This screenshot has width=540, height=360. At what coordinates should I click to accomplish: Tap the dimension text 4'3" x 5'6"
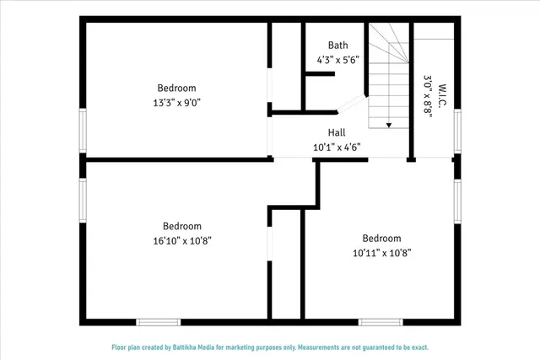pyautogui.click(x=337, y=60)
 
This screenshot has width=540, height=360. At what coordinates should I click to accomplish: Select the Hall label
pyautogui.click(x=337, y=132)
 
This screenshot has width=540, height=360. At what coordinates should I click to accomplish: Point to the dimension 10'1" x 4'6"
pyautogui.click(x=337, y=147)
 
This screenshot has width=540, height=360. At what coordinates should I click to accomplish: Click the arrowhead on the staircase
pyautogui.click(x=389, y=125)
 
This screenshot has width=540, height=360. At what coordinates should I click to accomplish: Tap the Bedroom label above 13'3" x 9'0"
pyautogui.click(x=176, y=88)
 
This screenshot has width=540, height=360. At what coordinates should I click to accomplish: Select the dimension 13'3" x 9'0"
pyautogui.click(x=176, y=102)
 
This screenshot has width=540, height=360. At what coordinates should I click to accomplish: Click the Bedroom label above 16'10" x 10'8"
pyautogui.click(x=182, y=226)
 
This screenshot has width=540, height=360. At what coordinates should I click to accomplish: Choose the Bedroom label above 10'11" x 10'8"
pyautogui.click(x=381, y=239)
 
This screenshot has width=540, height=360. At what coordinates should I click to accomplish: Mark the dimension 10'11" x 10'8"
pyautogui.click(x=381, y=252)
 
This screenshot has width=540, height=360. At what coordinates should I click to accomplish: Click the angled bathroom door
pyautogui.click(x=349, y=104)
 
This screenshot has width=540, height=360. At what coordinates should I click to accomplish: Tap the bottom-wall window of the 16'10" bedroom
pyautogui.click(x=159, y=321)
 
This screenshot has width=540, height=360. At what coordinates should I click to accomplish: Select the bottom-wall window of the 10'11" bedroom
pyautogui.click(x=380, y=321)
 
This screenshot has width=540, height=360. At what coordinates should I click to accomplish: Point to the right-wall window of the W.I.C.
pyautogui.click(x=456, y=132)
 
